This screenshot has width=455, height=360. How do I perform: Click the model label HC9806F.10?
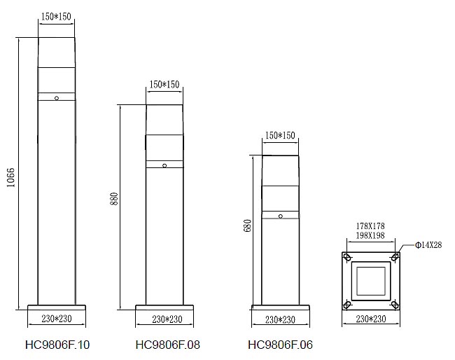click(57, 345)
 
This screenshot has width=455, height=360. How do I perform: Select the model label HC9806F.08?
click(168, 345)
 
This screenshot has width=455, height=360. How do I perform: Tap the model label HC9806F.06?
click(280, 345)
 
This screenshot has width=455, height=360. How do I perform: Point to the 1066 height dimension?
click(10, 177)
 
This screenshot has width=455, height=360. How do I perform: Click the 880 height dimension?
click(114, 199)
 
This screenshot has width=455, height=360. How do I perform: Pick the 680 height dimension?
click(247, 226)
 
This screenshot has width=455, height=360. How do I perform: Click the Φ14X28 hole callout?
click(428, 245)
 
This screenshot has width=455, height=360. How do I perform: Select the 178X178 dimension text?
click(370, 226)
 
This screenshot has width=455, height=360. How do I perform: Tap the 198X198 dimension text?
click(370, 235)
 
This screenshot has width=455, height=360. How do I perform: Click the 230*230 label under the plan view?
click(371, 319)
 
